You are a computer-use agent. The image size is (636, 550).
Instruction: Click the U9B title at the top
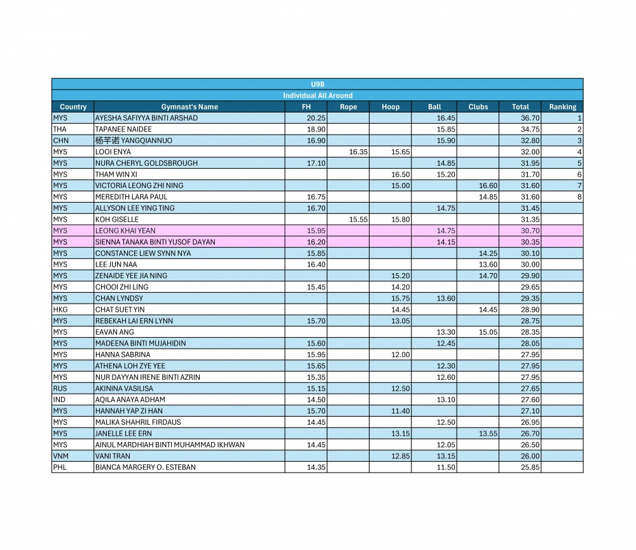tap(317, 84)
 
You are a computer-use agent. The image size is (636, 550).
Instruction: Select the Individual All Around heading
tap(317, 95)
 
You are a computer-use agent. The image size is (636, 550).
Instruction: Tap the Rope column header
tap(349, 107)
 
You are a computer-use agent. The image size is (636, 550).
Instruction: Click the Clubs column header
tap(478, 107)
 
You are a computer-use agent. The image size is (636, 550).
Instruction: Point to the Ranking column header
tap(563, 107)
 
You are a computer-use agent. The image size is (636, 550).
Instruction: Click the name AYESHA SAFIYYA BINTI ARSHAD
tap(146, 118)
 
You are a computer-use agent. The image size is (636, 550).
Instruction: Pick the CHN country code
tap(61, 140)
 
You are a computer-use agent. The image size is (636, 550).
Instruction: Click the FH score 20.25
tap(316, 118)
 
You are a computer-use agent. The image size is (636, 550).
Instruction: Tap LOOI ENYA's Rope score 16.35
tap(359, 152)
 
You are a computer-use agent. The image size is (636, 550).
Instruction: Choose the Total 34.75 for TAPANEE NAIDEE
tap(530, 130)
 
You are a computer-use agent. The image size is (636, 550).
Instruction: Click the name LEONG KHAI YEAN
tap(125, 231)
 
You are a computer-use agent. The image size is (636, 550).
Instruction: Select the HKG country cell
tap(60, 310)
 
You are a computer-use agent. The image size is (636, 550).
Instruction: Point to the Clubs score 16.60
tap(488, 186)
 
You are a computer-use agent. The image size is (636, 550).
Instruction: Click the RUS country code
tap(60, 389)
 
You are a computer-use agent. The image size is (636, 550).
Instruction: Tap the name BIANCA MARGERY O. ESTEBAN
tap(145, 467)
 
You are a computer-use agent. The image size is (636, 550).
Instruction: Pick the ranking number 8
tap(579, 198)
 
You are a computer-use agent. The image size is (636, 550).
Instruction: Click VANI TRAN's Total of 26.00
tap(530, 456)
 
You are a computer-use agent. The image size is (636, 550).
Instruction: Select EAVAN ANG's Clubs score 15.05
tap(488, 332)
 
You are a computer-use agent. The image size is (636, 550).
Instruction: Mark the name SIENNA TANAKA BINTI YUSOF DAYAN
tap(155, 242)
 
